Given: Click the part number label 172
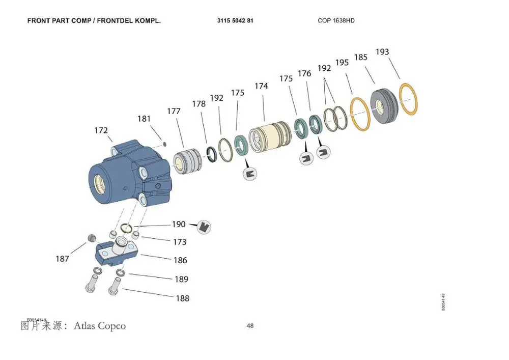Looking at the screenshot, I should coord(101,131).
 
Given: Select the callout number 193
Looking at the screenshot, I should coord(382,52).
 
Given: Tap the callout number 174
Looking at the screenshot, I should coord(261,87).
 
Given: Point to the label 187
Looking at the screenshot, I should coord(62,259).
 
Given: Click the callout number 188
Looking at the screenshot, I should coord(182,298).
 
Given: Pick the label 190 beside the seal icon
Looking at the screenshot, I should coord(179,224).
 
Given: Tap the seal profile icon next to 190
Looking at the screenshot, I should coord(204,227).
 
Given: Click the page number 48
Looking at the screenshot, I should coord(250,326).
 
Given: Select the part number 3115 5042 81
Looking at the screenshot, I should coord(235,21).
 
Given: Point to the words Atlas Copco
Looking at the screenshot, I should coord(100,325).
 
